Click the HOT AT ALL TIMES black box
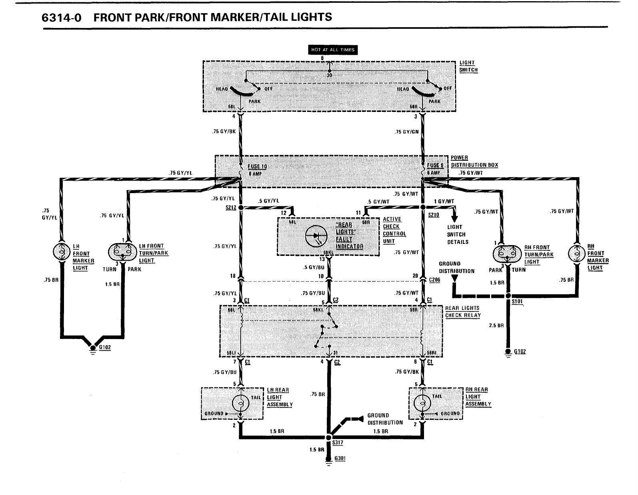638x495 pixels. pos(333,50)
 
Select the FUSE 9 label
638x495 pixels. pos(435,166)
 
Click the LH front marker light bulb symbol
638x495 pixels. pos(62,251)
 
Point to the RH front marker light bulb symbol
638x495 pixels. pos(577,253)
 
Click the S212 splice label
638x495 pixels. pos(231,208)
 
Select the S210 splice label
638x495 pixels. pos(433,215)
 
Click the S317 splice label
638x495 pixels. pos(338,443)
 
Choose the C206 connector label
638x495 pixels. pos(434,280)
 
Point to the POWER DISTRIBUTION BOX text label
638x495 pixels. pos(474,161)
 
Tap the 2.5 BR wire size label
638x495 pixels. pos(496,325)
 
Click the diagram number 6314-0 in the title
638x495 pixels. pos(62,18)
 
